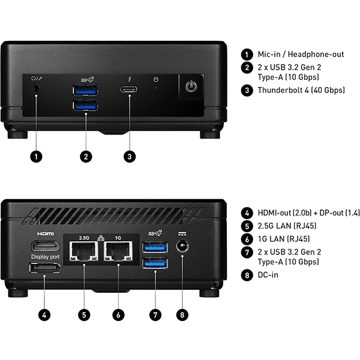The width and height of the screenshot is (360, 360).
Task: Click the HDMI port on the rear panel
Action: coord(46,246)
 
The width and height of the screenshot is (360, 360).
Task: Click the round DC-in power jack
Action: coord(182,246)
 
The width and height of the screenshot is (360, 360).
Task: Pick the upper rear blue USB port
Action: coord(155,247)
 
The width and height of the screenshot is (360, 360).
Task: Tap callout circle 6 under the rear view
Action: coord(119,313)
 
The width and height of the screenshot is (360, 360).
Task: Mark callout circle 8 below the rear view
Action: coord(182,313)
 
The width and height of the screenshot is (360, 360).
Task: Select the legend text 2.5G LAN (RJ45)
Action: coord(287,226)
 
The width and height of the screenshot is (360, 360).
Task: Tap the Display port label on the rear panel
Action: coord(46,257)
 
